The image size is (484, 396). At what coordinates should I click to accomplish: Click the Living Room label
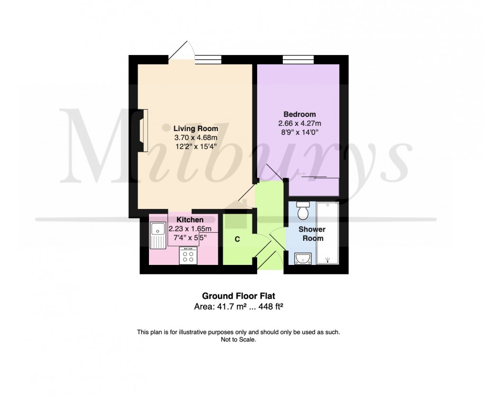point(195,128)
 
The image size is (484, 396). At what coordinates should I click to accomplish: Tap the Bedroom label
point(299,114)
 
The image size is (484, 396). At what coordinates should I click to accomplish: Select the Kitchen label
point(190,220)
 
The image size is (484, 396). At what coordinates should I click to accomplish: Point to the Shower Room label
point(312,234)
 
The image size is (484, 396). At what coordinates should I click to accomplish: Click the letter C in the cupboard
point(237,239)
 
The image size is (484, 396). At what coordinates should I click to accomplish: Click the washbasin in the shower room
point(302,258)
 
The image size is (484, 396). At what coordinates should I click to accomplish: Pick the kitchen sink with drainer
point(156,236)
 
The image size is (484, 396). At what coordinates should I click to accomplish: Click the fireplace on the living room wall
point(143,130)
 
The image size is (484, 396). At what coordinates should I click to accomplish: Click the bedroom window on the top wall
point(298,59)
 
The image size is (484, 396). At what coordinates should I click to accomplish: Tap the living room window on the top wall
point(208,59)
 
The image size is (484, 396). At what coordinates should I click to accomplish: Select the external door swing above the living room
point(183,50)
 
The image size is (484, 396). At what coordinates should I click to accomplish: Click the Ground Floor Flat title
point(239,297)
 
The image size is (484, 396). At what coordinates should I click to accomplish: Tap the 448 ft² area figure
point(270,307)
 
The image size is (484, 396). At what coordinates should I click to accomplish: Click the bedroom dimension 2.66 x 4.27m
point(299,123)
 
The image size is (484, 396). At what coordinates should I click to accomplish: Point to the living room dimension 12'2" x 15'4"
point(195,146)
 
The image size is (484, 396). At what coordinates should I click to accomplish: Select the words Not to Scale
point(239,340)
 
